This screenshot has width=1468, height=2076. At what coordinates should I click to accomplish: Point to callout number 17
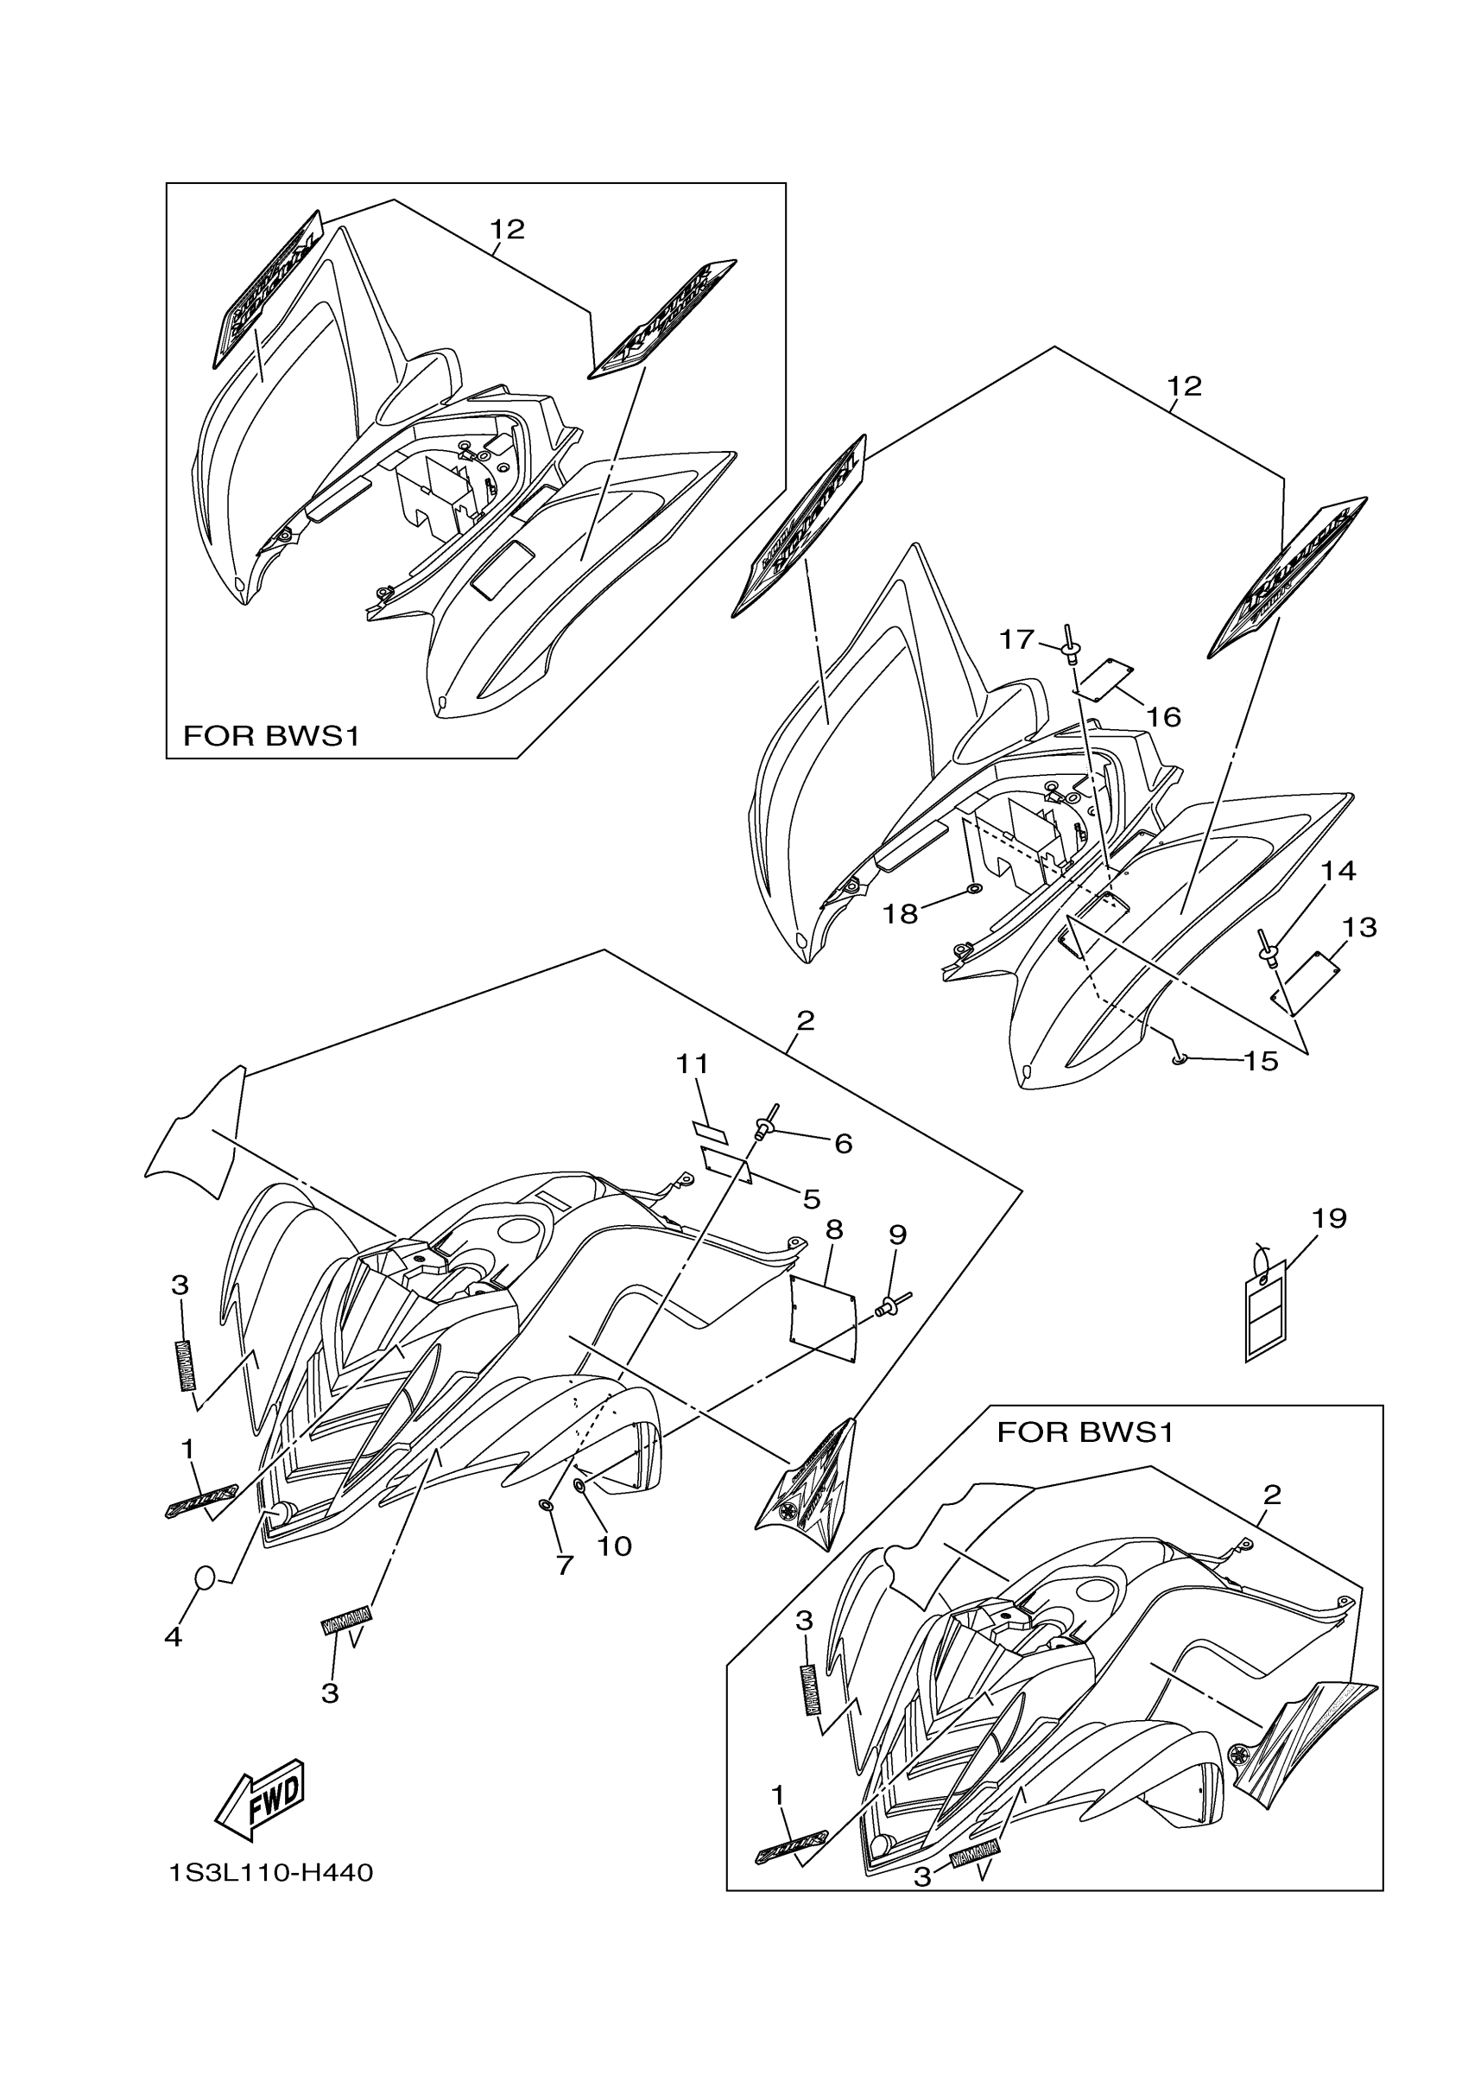pyautogui.click(x=1016, y=639)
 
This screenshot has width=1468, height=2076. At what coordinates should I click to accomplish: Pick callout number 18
pyautogui.click(x=901, y=914)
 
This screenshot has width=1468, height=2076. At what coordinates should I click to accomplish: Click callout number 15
pyautogui.click(x=1261, y=1061)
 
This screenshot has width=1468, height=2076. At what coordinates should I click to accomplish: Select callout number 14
pyautogui.click(x=1338, y=871)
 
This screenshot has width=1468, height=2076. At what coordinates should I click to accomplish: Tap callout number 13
pyautogui.click(x=1358, y=927)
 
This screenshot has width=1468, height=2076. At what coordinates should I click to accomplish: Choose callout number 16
pyautogui.click(x=1163, y=717)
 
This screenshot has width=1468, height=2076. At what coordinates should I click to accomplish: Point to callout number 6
pyautogui.click(x=843, y=1144)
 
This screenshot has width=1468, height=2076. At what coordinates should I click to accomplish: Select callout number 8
pyautogui.click(x=834, y=1228)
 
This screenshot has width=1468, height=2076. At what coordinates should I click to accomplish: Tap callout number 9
pyautogui.click(x=897, y=1235)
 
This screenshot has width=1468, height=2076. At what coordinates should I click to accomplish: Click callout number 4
pyautogui.click(x=173, y=1636)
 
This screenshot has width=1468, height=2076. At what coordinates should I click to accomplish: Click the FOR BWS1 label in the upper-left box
pyautogui.click(x=271, y=736)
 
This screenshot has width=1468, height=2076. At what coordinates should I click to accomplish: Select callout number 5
pyautogui.click(x=811, y=1200)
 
